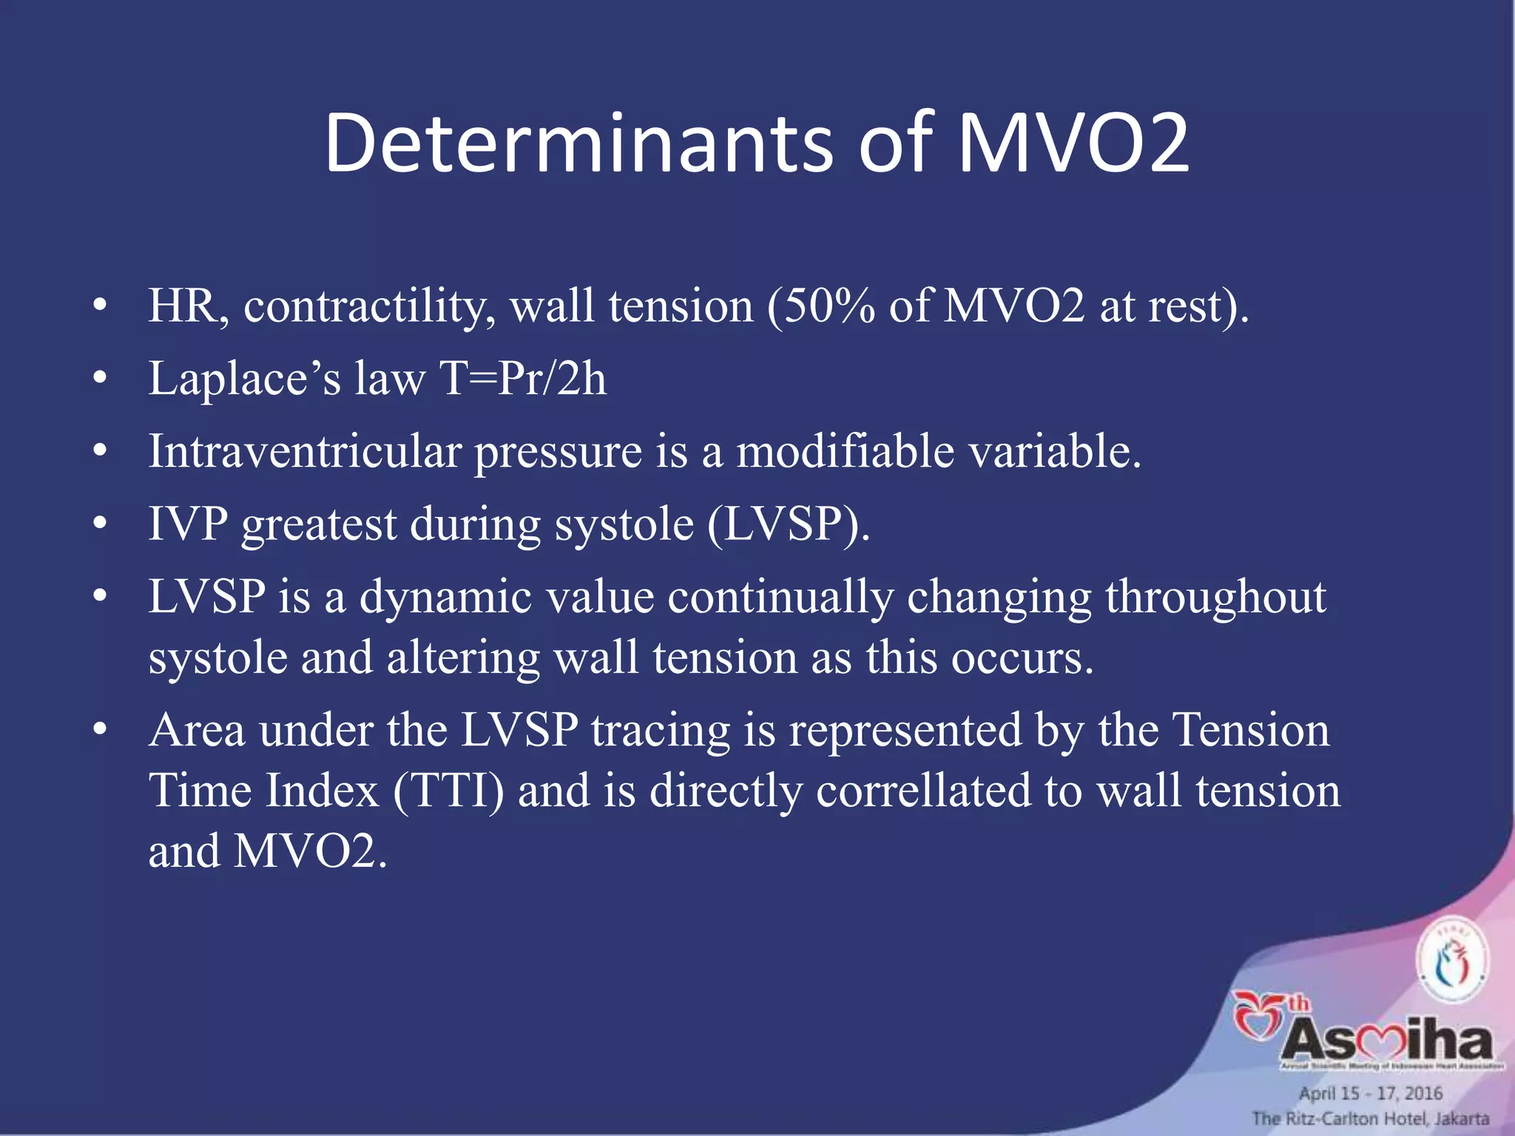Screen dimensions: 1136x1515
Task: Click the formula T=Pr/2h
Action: [522, 379]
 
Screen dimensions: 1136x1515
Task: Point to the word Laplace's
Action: [244, 379]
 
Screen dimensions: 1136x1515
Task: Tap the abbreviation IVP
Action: [188, 524]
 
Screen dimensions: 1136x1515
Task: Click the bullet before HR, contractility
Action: [101, 305]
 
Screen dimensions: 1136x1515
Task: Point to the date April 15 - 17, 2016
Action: [1370, 1093]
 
